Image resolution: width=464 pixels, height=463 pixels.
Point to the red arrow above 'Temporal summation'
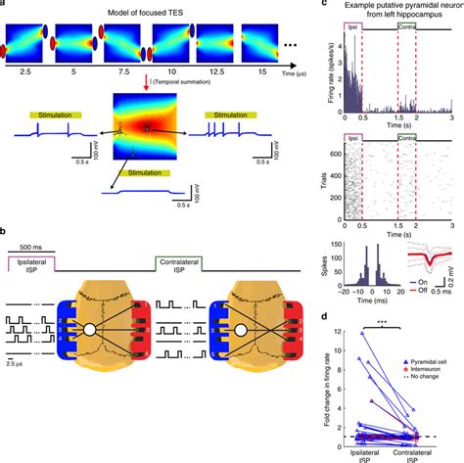click(145, 84)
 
